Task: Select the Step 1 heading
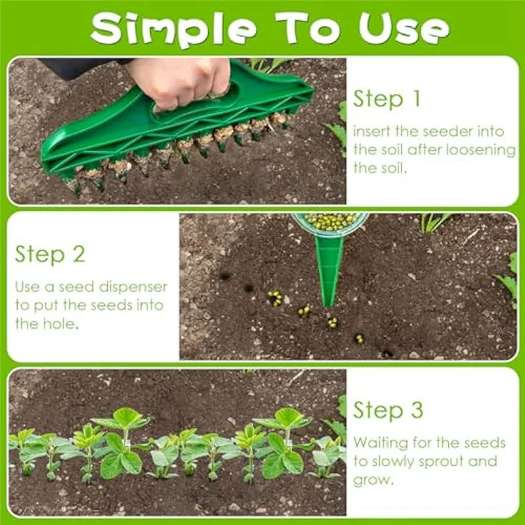click(387, 99)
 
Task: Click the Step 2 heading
click(50, 254)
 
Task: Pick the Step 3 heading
click(388, 410)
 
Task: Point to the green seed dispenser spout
click(328, 269)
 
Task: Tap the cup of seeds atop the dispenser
click(330, 222)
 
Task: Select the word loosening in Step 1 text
click(480, 150)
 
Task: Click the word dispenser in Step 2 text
click(135, 287)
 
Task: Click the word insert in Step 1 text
click(371, 131)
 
